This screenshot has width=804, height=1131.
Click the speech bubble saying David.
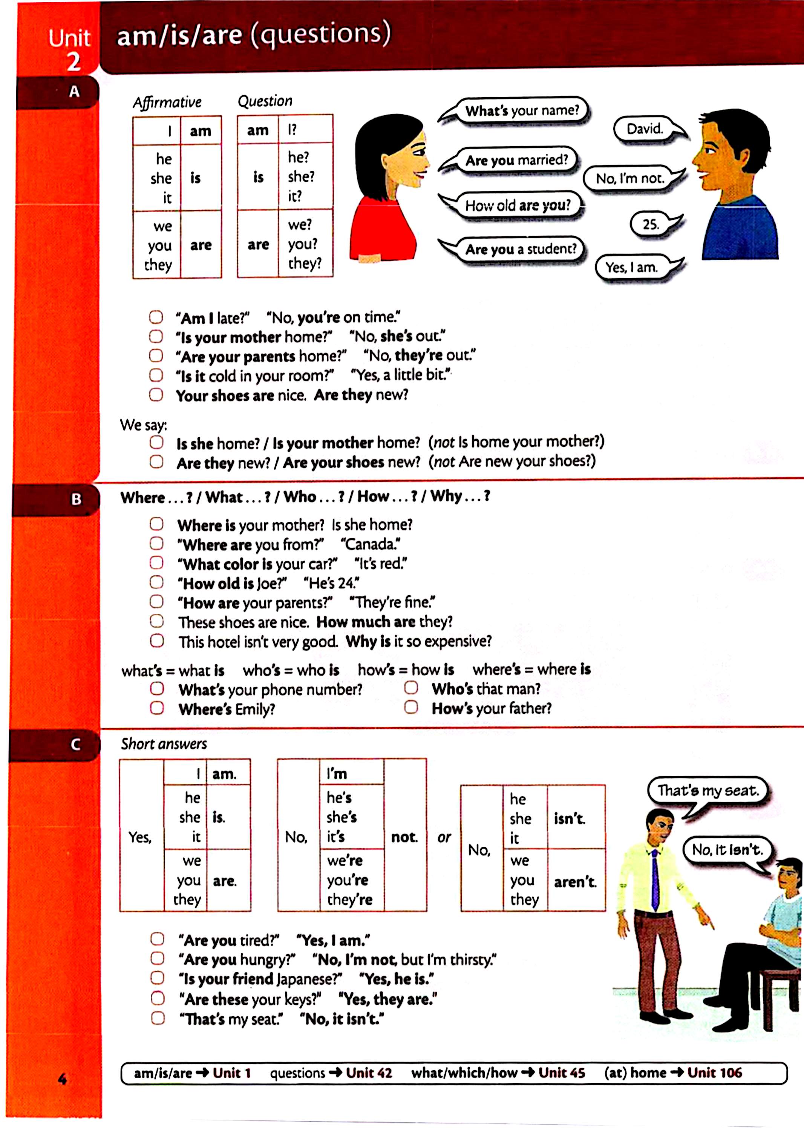point(644,129)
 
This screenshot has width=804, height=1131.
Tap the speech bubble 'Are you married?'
point(516,160)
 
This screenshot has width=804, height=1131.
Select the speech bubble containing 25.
point(651,224)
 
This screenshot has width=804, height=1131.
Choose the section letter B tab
point(75,499)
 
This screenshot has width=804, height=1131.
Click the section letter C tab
point(75,744)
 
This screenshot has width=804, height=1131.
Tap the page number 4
point(62,1079)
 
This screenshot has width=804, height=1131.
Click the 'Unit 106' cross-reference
point(714,1073)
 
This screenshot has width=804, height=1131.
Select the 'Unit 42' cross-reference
point(369,1073)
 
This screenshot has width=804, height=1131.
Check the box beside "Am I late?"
point(156,317)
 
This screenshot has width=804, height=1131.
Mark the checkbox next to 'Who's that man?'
point(411,688)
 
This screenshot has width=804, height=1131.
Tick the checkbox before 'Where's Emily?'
point(157,708)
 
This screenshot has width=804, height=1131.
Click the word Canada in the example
point(371,544)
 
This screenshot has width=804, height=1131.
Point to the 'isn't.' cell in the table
point(569,818)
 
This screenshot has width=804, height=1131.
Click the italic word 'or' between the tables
point(444,837)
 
